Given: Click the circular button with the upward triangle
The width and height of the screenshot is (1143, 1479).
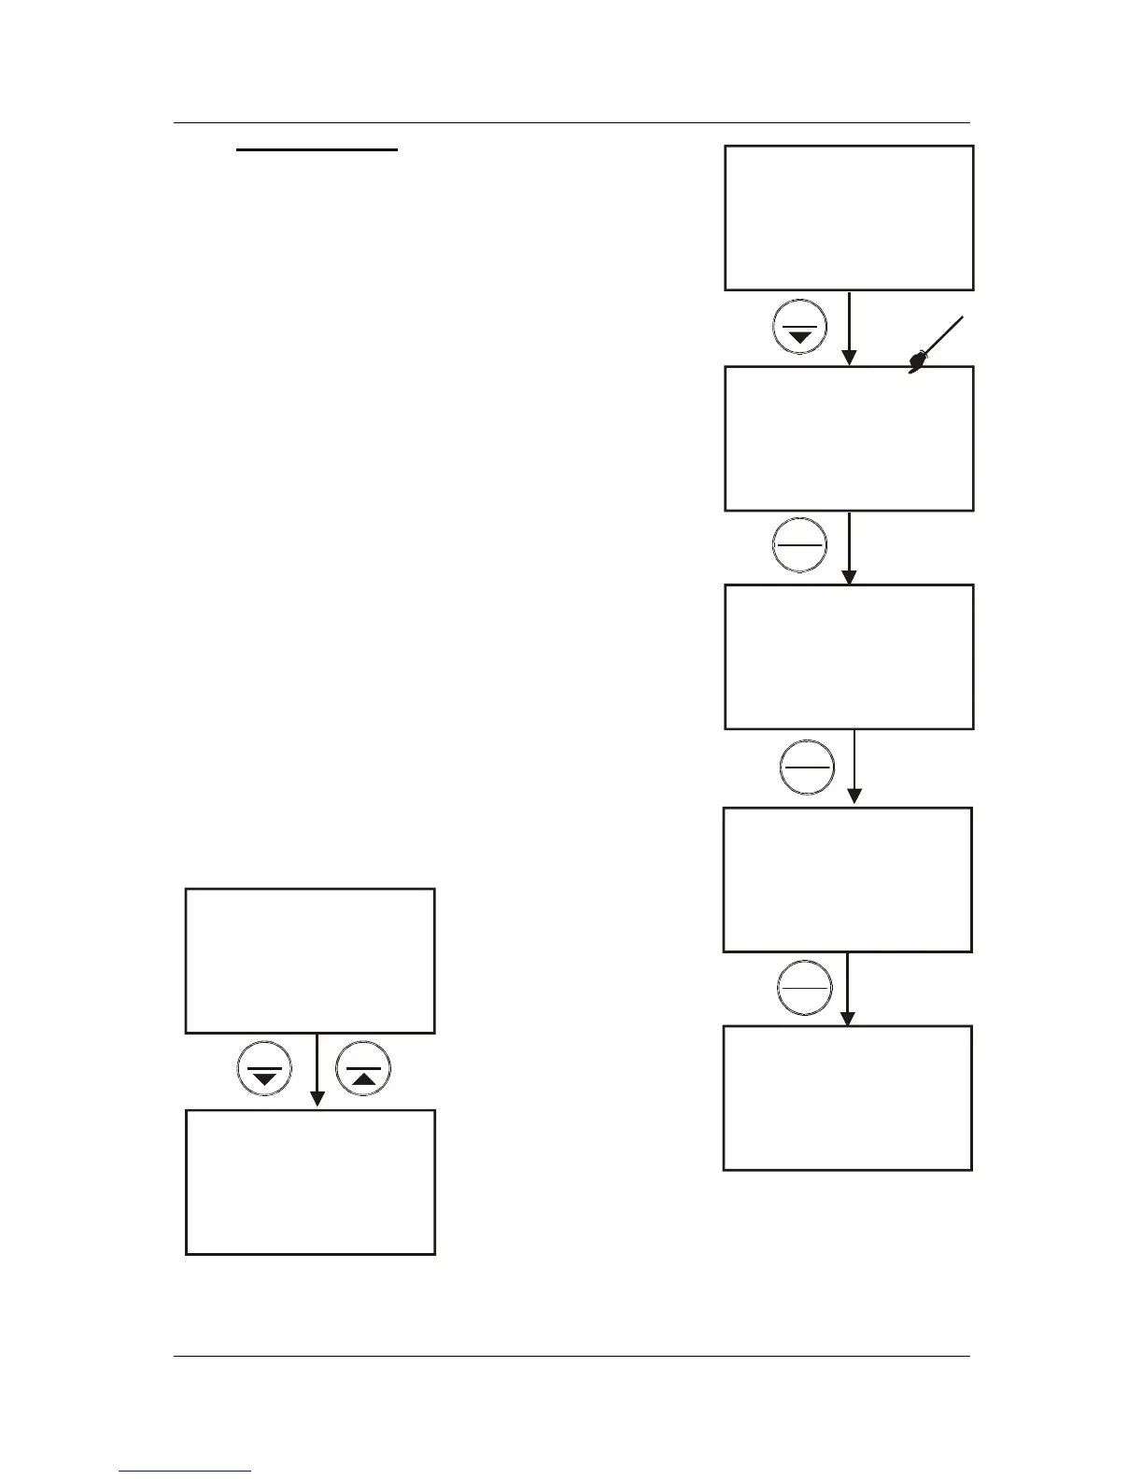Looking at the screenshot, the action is point(362,1068).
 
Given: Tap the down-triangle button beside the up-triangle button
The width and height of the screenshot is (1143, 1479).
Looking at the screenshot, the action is point(264,1068).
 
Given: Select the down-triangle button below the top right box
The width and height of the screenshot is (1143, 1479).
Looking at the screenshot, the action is point(800,327).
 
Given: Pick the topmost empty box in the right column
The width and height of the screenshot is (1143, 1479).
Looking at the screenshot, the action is point(849,218).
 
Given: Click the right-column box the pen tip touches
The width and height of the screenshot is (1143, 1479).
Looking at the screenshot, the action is point(849,439).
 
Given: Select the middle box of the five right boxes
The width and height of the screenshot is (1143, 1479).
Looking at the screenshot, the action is point(849,657).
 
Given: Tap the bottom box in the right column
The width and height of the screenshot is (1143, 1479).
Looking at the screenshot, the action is point(848,1098).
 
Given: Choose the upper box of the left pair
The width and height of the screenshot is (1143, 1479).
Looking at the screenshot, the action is point(310,961).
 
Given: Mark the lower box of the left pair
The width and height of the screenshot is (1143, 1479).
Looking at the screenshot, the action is point(310,1182).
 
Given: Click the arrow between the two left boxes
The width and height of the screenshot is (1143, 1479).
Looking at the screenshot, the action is point(317,1070).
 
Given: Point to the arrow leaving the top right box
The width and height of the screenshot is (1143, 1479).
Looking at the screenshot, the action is point(849,328).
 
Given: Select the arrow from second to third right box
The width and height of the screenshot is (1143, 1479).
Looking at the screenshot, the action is point(849,547).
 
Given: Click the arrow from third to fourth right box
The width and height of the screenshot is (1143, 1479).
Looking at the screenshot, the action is point(854,767).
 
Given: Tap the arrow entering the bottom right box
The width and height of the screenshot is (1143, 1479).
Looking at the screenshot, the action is point(847,989).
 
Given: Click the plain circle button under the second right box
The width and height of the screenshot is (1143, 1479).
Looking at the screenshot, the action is point(800,543).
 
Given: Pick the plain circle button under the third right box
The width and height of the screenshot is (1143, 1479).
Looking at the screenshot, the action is point(806,767).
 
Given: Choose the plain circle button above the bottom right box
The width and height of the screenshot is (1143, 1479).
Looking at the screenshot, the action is point(804,988).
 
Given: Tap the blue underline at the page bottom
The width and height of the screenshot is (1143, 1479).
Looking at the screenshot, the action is point(185,1472).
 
